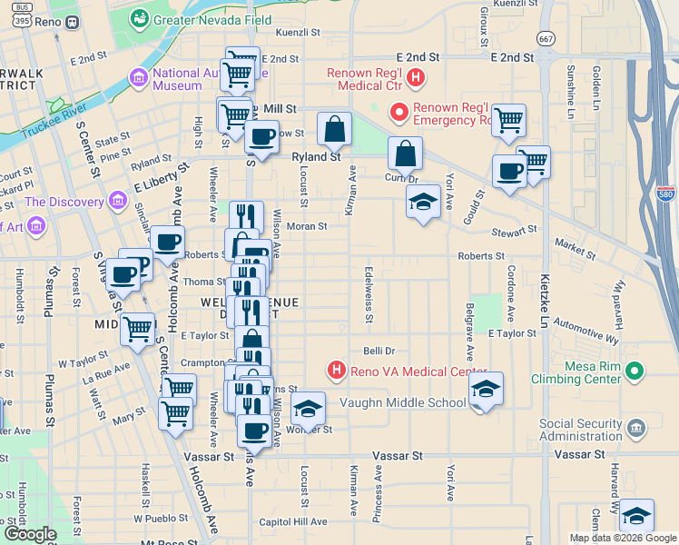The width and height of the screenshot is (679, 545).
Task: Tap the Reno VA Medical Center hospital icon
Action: coord(337,372)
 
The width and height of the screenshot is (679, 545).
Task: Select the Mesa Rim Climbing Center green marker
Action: coord(635,372)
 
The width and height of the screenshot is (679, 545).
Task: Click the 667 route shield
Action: coord(546,39)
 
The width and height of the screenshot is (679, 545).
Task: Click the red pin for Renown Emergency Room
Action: coord(399,113)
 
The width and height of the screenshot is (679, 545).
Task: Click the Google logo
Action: coord(31,534)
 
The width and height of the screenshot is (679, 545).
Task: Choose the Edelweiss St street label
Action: coord(369,293)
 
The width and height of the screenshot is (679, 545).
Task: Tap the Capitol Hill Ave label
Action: coord(292,521)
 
